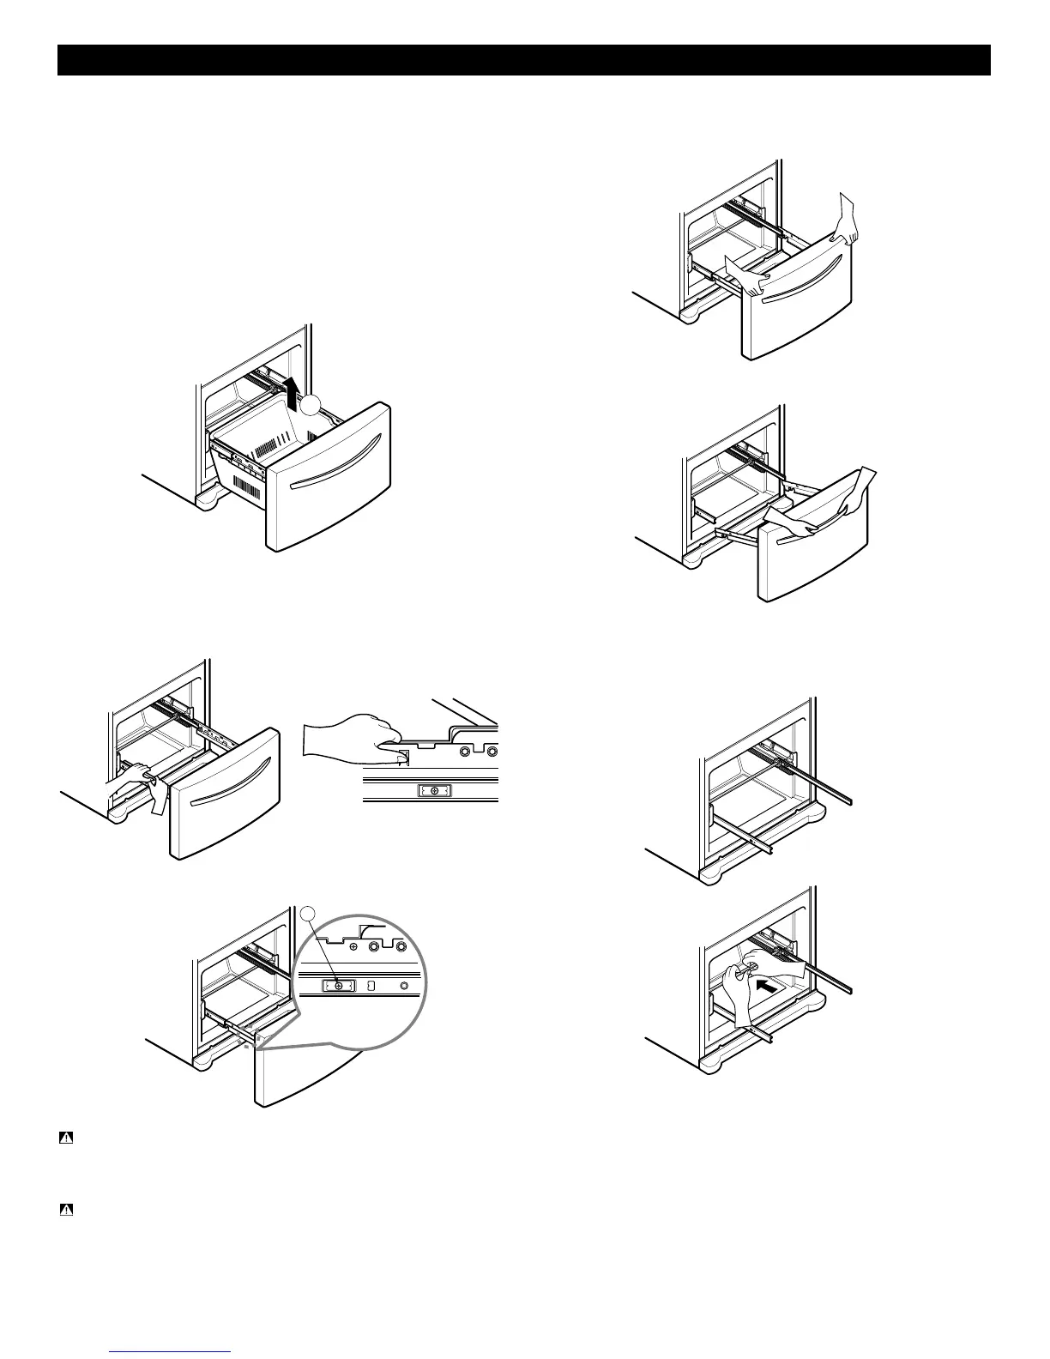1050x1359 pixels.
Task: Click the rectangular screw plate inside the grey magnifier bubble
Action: coord(338,987)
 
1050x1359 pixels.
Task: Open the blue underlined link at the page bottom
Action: coord(172,1352)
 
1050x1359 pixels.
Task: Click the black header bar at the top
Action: coord(524,60)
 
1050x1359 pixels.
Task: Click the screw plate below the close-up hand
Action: coord(434,790)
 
